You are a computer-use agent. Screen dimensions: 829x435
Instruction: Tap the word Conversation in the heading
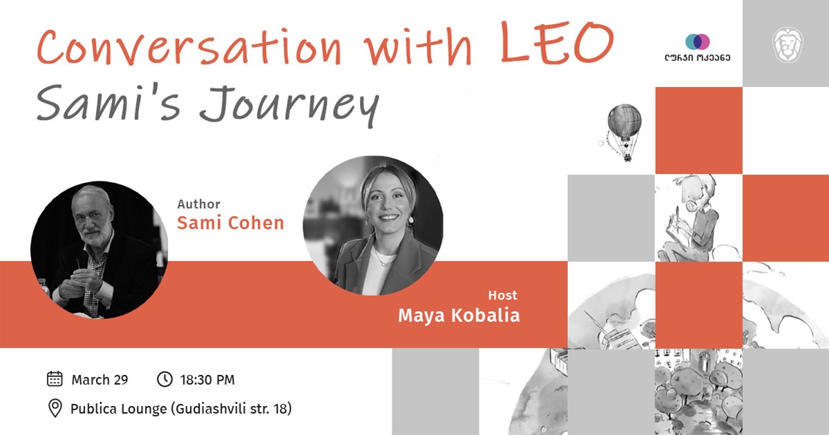point(189,48)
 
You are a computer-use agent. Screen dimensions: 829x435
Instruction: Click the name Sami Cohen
point(230,223)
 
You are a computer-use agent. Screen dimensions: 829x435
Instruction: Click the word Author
point(199,204)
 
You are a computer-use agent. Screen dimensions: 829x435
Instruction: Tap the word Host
point(502,296)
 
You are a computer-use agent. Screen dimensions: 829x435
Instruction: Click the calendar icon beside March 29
point(55,379)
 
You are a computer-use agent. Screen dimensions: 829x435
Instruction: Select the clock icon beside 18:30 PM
point(164,379)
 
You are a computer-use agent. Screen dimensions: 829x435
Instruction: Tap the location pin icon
point(55,408)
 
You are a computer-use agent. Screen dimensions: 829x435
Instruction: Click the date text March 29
point(99,380)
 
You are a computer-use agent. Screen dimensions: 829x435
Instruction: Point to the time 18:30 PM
point(207,380)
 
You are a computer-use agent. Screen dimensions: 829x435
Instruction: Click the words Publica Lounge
point(118,409)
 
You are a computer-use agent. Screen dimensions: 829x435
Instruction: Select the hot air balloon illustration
point(624,132)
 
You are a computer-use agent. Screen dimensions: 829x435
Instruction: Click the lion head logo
point(788,45)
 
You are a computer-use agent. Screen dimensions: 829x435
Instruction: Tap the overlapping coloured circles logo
point(697,42)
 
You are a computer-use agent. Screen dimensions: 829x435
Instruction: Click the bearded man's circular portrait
point(99,250)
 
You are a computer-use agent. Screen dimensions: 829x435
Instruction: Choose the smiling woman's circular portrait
point(373,226)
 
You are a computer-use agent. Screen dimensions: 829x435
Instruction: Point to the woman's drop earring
point(410,220)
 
